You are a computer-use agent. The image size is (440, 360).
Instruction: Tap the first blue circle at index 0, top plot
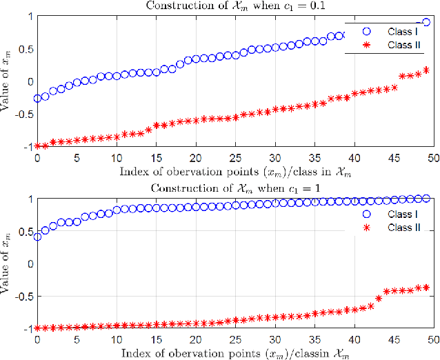37,99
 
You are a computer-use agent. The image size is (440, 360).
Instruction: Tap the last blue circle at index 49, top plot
426,22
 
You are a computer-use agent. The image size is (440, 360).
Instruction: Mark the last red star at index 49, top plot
426,70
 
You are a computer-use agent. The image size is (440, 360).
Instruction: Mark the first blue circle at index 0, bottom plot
37,237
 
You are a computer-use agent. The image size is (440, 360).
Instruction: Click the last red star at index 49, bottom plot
426,287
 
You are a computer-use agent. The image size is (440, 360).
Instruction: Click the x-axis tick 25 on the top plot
235,158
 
